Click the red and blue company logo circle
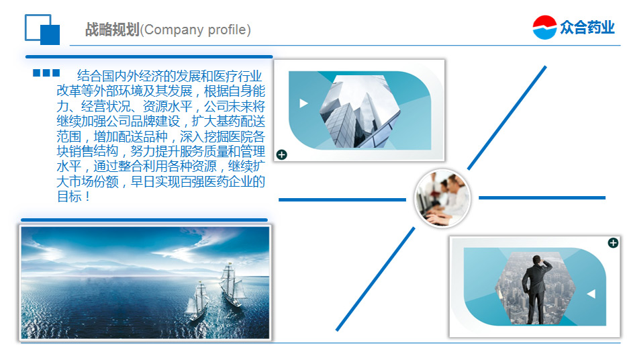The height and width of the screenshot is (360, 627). click(x=544, y=27)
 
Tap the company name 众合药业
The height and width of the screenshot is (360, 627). click(x=587, y=27)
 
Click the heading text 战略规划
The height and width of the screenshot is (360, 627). click(x=112, y=30)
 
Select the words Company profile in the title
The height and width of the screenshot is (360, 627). click(x=195, y=30)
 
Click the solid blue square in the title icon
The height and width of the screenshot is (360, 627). click(x=50, y=35)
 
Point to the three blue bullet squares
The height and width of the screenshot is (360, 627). click(x=46, y=73)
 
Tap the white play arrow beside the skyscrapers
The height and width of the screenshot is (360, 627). click(x=303, y=103)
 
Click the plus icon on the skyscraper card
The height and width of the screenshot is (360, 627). click(x=281, y=154)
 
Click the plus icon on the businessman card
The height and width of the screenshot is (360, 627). click(x=613, y=243)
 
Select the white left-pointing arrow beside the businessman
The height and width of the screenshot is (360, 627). click(x=591, y=294)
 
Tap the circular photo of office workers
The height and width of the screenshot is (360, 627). click(x=442, y=198)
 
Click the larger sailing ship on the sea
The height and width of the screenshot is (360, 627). click(x=231, y=285)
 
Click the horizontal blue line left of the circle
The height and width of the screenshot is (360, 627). click(x=342, y=199)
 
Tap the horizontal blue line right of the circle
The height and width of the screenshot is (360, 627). click(x=542, y=197)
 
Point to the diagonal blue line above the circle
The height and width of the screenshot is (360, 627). click(x=507, y=118)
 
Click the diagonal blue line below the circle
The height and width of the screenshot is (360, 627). click(x=375, y=279)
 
